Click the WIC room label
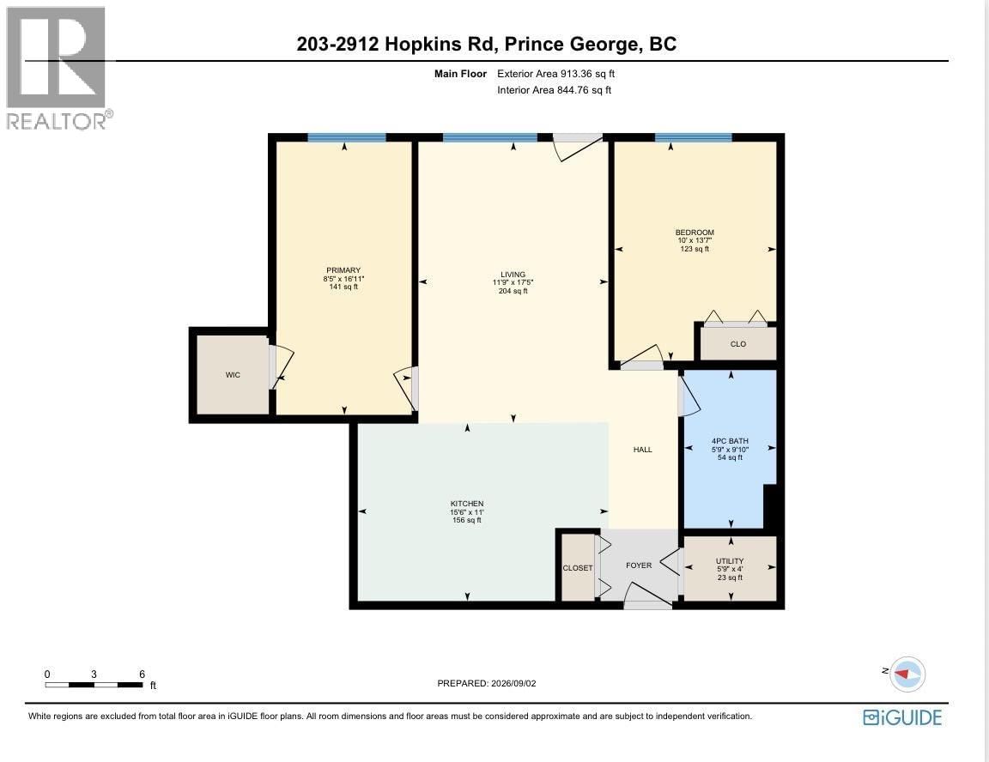click(233, 375)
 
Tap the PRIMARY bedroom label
click(343, 270)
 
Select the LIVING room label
click(513, 275)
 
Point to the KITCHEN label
click(467, 504)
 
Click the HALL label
click(643, 450)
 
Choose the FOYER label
click(639, 565)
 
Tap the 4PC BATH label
click(730, 441)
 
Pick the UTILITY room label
click(730, 561)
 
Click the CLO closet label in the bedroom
click(738, 344)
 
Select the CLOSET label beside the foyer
click(578, 568)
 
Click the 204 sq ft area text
click(513, 291)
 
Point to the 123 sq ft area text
click(695, 249)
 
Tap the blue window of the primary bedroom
click(346, 137)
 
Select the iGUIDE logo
click(902, 718)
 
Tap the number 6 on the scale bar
click(142, 674)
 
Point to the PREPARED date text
click(486, 683)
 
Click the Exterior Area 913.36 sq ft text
click(555, 74)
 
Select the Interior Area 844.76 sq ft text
click(554, 90)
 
